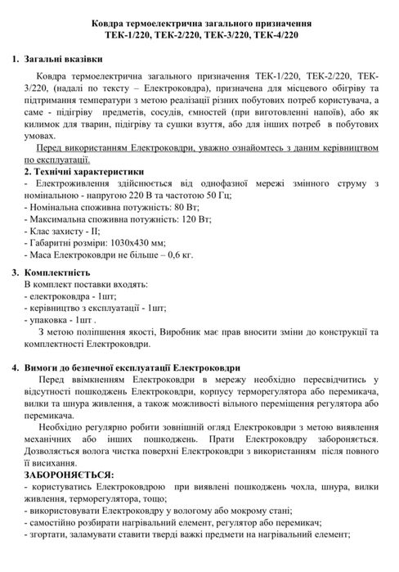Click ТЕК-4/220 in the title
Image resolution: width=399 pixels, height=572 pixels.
(280, 36)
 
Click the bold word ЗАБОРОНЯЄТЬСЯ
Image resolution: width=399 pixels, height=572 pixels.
(69, 475)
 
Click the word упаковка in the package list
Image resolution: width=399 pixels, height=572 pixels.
(51, 320)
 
